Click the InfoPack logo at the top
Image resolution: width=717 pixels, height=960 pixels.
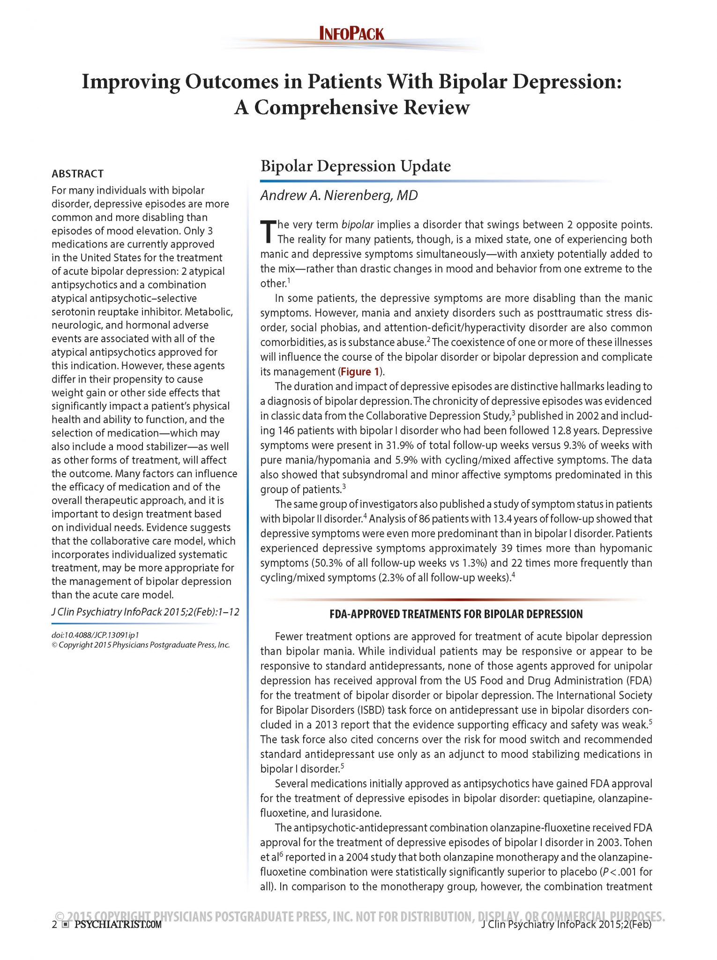(x=351, y=34)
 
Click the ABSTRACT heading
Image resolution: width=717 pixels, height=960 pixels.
(x=77, y=174)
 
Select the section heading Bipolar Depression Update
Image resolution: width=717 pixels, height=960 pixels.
(x=355, y=166)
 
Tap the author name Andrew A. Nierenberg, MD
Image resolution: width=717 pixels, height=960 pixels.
(x=339, y=195)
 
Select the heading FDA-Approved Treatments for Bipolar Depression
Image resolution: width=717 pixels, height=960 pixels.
(x=456, y=614)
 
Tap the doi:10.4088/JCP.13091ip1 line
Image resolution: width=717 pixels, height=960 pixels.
(x=95, y=635)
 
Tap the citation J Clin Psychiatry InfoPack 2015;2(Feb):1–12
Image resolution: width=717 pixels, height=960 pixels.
(x=145, y=612)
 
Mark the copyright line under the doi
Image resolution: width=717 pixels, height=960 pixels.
(x=141, y=645)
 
